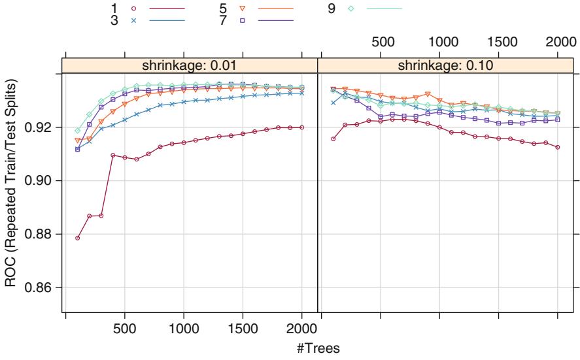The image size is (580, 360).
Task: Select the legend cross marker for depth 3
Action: point(133,20)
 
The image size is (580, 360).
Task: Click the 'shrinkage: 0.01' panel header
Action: point(190,65)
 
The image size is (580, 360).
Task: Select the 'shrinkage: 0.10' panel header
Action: point(447,65)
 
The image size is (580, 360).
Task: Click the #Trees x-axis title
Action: point(316,348)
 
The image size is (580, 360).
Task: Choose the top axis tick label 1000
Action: point(439,42)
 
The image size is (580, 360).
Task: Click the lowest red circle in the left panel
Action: point(77,238)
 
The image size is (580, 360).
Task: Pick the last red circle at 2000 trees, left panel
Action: point(301,127)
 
